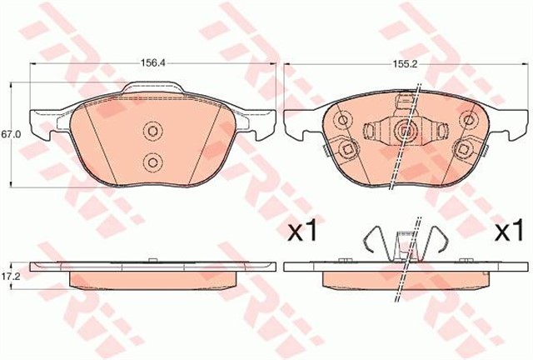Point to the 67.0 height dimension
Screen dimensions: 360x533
tap(9, 133)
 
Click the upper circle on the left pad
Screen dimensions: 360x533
tap(152, 132)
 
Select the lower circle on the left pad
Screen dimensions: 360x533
tap(152, 161)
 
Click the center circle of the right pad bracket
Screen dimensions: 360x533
tap(405, 130)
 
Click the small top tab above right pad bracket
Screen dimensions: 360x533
tap(405, 103)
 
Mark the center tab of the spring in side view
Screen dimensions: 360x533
tap(405, 247)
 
